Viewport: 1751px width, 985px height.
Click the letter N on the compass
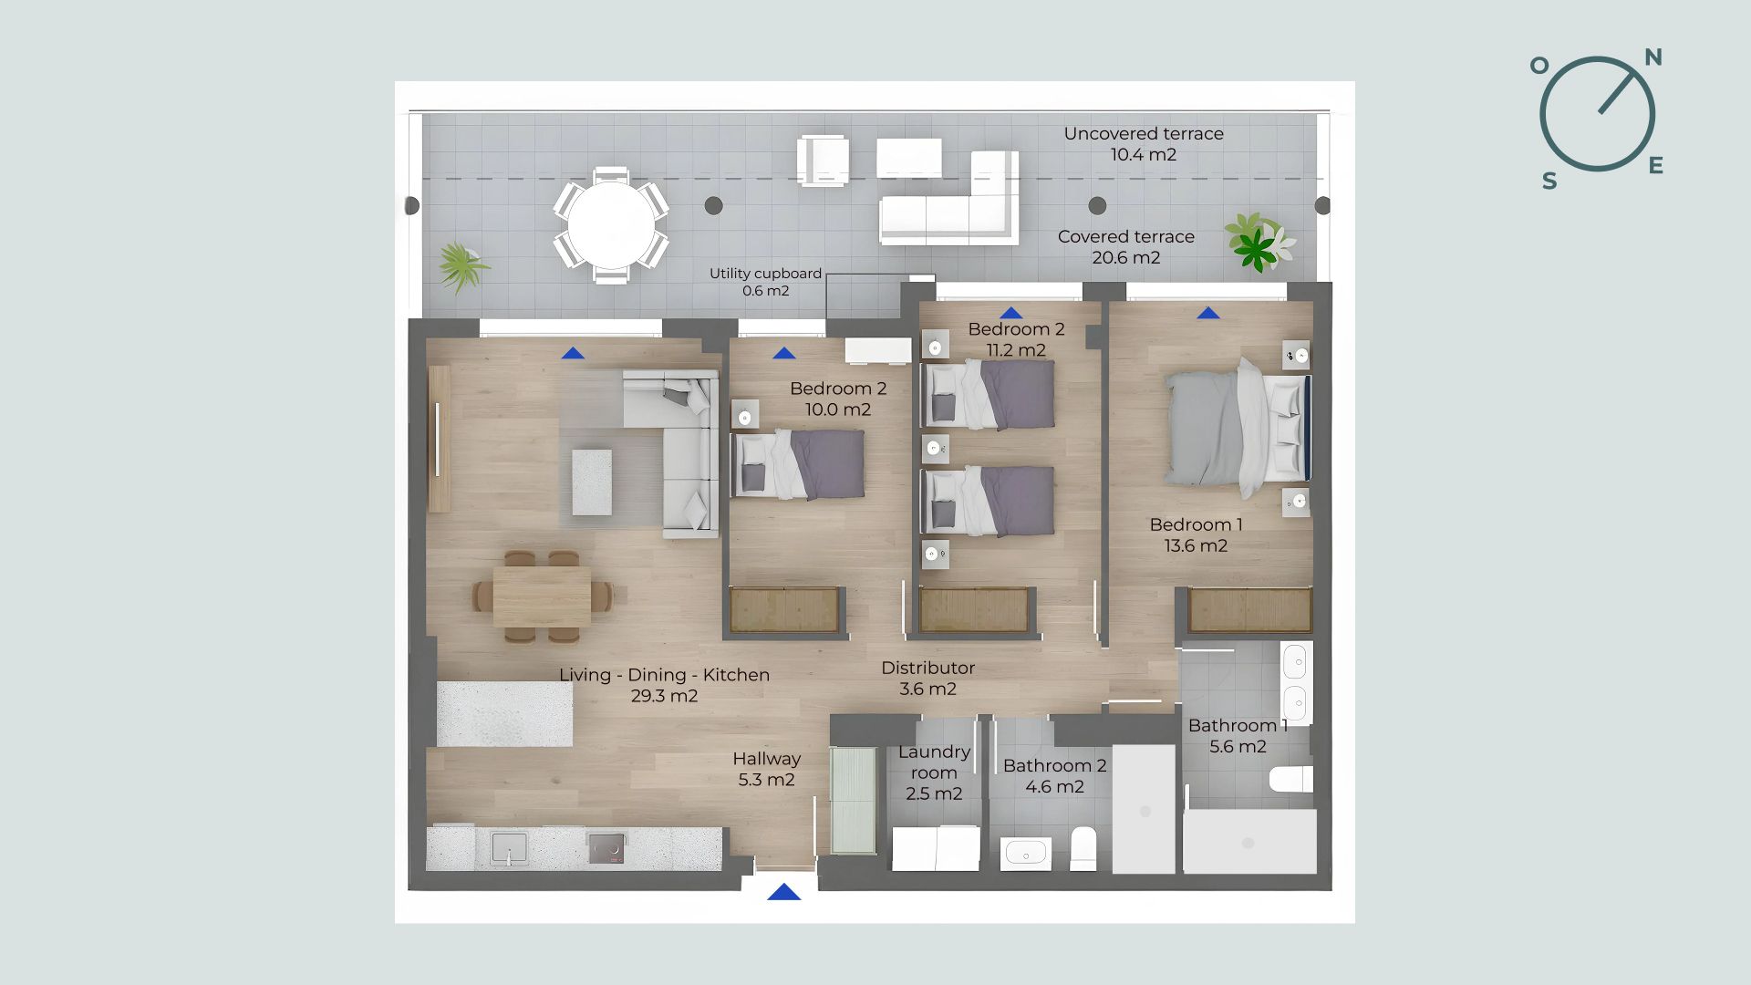tap(1653, 57)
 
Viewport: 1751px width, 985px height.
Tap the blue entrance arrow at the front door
tap(784, 892)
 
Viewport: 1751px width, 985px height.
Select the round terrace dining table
tap(611, 225)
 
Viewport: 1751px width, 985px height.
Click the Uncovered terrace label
tap(1144, 144)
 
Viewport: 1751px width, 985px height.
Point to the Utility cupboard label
tap(765, 282)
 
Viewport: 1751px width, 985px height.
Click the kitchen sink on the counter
tap(509, 847)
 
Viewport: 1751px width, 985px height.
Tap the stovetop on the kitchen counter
tap(606, 848)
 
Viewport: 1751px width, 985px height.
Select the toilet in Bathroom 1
tap(1291, 779)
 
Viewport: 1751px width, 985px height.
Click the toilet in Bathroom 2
tap(1083, 848)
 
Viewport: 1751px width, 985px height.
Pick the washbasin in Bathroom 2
tap(1026, 855)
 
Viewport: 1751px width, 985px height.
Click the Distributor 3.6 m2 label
tap(927, 679)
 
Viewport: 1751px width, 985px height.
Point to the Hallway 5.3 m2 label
tap(766, 769)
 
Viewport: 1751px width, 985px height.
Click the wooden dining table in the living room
tap(543, 596)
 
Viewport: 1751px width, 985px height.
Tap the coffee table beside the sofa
tap(592, 482)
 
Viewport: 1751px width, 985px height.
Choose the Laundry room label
tap(934, 772)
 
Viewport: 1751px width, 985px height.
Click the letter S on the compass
tap(1549, 181)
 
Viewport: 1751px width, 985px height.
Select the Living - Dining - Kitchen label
tap(664, 685)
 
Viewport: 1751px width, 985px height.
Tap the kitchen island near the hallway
tap(504, 714)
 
